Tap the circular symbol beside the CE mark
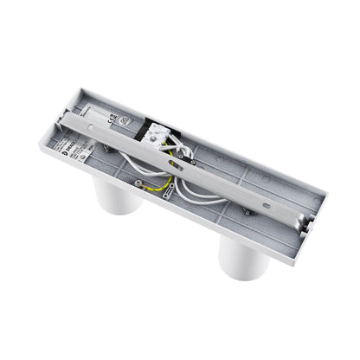coord(124,123)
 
